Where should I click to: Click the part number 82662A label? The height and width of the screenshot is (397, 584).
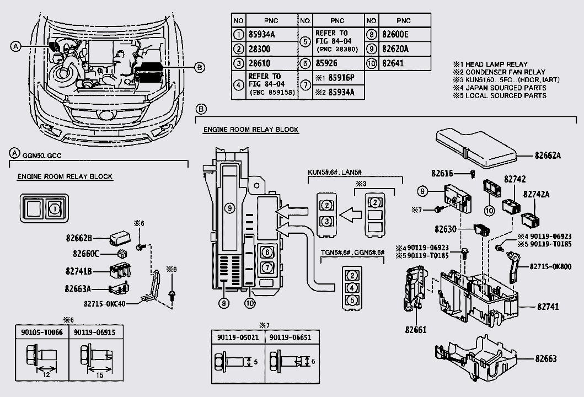547,156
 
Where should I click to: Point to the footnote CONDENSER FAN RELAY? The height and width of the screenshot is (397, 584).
499,72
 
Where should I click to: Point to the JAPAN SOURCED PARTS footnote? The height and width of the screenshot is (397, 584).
500,88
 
